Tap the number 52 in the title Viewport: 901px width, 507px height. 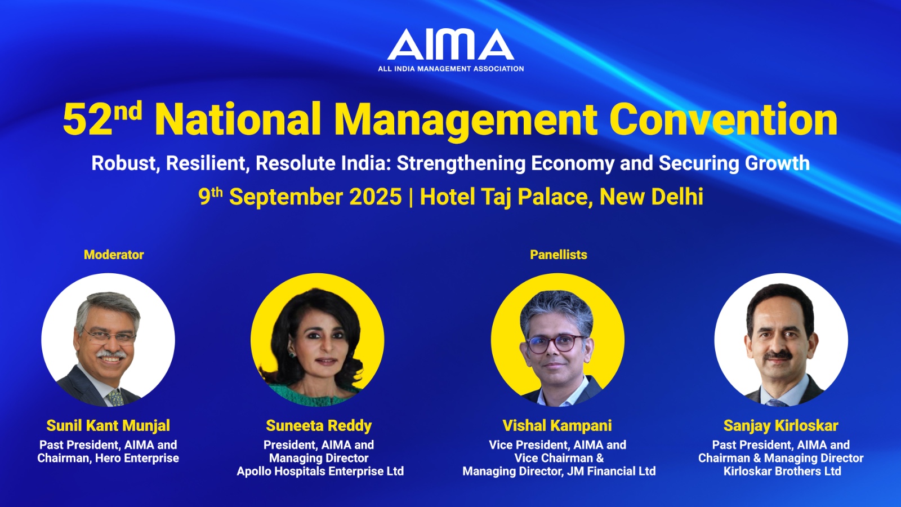click(x=87, y=120)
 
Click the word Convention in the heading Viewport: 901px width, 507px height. click(x=724, y=119)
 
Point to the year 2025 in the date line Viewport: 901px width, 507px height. click(x=376, y=197)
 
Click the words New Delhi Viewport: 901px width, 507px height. click(x=652, y=197)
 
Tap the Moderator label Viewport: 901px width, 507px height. click(x=114, y=255)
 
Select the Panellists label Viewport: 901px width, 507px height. click(x=558, y=255)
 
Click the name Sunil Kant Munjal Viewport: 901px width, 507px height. click(x=108, y=425)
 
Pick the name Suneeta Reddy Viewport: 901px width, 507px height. click(x=319, y=425)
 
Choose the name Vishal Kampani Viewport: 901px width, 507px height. click(x=557, y=425)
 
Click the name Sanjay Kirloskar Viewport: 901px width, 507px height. click(x=780, y=425)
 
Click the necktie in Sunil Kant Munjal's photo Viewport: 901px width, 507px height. click(x=115, y=397)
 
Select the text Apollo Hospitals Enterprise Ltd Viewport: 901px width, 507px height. click(x=320, y=471)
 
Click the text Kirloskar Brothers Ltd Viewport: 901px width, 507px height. click(x=782, y=471)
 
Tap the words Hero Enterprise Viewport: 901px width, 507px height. click(x=137, y=459)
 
